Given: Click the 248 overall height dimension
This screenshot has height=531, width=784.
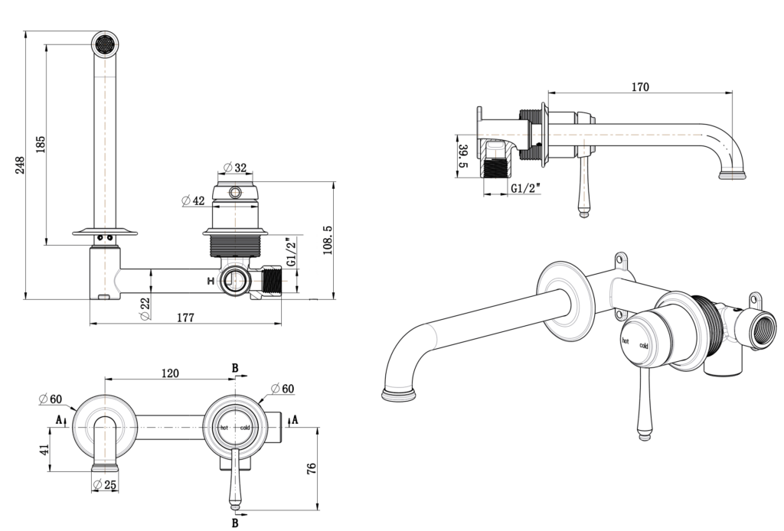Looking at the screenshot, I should (20, 165).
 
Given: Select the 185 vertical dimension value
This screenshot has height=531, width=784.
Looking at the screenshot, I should (41, 143).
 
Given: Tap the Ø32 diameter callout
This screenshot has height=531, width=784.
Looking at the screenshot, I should (235, 168).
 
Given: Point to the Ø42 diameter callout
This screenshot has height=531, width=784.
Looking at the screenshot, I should (193, 200).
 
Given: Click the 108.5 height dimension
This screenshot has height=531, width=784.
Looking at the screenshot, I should (328, 239).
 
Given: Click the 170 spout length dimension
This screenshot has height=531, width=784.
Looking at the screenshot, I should (640, 87).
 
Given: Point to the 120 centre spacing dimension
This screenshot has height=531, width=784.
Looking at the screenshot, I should (170, 373).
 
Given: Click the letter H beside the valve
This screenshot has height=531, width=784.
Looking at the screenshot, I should (211, 282).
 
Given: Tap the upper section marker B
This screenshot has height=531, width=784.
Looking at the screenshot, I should (235, 368).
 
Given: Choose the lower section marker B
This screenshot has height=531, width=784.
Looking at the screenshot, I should (235, 523).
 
